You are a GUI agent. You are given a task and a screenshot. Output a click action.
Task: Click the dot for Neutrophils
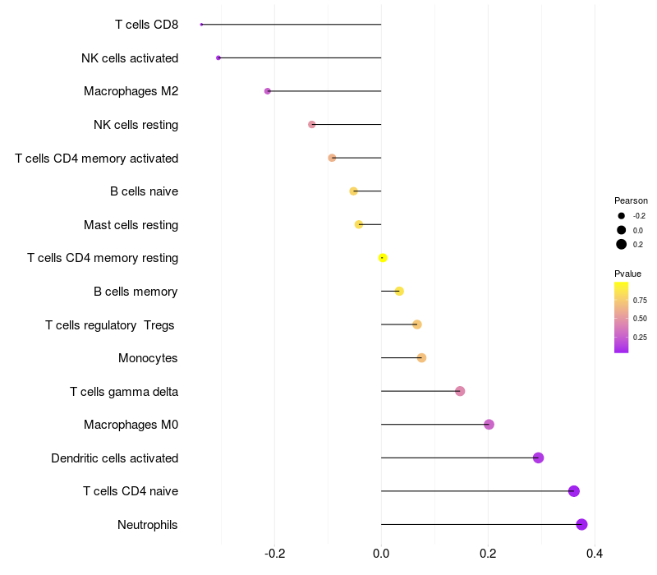point(581,525)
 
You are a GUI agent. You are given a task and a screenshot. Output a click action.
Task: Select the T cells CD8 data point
point(201,25)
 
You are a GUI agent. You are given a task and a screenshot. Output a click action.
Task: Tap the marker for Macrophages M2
point(268,91)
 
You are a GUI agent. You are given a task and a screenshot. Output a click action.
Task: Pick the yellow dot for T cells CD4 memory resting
point(383,258)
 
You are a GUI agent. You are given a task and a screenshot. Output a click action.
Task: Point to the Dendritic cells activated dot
point(538,458)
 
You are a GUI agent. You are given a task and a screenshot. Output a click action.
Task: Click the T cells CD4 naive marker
point(574,491)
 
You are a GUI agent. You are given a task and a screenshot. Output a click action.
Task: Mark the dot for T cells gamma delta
point(460,391)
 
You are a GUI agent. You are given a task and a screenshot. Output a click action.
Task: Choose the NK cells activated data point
point(218,57)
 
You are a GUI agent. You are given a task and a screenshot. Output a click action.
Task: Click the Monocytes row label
point(148,358)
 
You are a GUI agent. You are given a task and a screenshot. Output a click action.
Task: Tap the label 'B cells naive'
point(144,191)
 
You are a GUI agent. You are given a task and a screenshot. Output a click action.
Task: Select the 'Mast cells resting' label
point(131,225)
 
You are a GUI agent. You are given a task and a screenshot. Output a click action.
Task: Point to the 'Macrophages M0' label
point(131,425)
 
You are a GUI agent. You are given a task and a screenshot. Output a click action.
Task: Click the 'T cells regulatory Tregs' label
point(110,325)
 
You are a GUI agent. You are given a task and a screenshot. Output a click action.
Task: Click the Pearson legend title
point(631,200)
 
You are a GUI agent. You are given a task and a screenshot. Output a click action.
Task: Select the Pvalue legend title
point(627,274)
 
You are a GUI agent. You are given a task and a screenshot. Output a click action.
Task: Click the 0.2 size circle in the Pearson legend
point(622,244)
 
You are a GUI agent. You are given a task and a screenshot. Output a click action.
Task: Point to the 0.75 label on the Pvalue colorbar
point(640,301)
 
